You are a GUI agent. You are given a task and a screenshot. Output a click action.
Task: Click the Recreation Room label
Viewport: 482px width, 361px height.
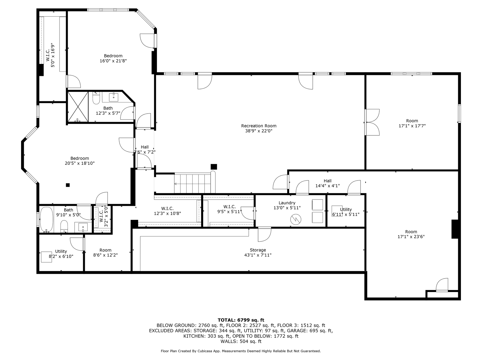tap(259, 126)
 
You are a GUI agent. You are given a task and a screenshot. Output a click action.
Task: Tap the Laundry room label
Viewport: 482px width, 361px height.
tap(287, 203)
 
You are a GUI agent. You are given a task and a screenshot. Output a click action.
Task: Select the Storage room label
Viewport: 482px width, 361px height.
tap(258, 250)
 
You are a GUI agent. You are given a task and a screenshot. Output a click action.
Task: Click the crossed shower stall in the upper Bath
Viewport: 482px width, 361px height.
tap(78, 107)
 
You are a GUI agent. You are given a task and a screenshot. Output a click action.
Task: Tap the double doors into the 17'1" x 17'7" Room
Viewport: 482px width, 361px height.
tap(372, 122)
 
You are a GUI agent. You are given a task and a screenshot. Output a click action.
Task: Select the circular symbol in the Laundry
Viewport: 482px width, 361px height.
tap(295, 220)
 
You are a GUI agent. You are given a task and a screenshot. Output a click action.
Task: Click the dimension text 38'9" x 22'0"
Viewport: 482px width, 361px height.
tap(259, 131)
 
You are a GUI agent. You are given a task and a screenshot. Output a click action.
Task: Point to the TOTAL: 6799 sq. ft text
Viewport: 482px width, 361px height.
tap(241, 320)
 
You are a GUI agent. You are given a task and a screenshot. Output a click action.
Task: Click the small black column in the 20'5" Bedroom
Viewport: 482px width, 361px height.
tap(68, 185)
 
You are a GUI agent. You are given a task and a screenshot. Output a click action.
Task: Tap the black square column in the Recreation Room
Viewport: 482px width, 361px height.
tap(214, 167)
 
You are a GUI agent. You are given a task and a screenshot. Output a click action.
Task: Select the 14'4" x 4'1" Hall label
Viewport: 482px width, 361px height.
tap(328, 183)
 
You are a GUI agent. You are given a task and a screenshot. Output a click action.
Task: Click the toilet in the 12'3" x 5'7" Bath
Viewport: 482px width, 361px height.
tap(96, 98)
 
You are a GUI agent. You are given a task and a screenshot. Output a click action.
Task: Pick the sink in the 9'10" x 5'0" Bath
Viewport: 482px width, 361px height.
tap(83, 227)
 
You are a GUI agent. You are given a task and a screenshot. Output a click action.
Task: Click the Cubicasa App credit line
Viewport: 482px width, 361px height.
tap(241, 351)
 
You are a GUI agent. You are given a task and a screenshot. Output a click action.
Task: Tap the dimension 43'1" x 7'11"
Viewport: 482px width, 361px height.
tap(258, 255)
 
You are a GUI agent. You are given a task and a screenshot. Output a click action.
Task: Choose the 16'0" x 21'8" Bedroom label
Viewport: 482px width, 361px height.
tap(113, 58)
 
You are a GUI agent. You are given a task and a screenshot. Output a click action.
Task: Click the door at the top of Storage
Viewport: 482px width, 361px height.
tap(265, 234)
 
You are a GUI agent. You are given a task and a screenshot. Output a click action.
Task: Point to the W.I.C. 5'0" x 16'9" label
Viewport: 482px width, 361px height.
tap(50, 55)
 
